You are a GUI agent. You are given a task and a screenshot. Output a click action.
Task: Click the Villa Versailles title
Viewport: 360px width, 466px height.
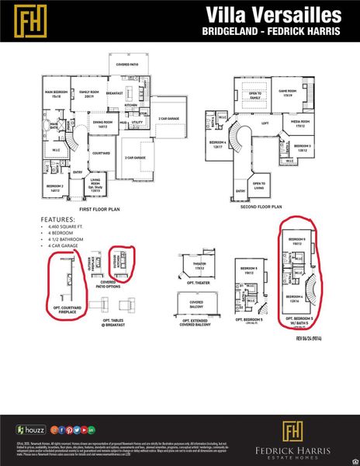click(x=272, y=15)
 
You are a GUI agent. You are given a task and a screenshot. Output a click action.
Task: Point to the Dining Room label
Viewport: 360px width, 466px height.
click(x=104, y=123)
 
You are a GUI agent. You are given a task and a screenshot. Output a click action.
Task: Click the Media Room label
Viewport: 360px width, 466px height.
click(x=300, y=122)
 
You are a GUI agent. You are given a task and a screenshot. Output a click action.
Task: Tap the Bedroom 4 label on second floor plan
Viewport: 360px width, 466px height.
click(x=218, y=144)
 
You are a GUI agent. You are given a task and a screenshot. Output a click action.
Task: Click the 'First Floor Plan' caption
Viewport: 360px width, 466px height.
click(x=100, y=210)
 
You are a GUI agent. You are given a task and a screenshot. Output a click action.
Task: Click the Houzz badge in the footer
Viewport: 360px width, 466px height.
click(x=30, y=429)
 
